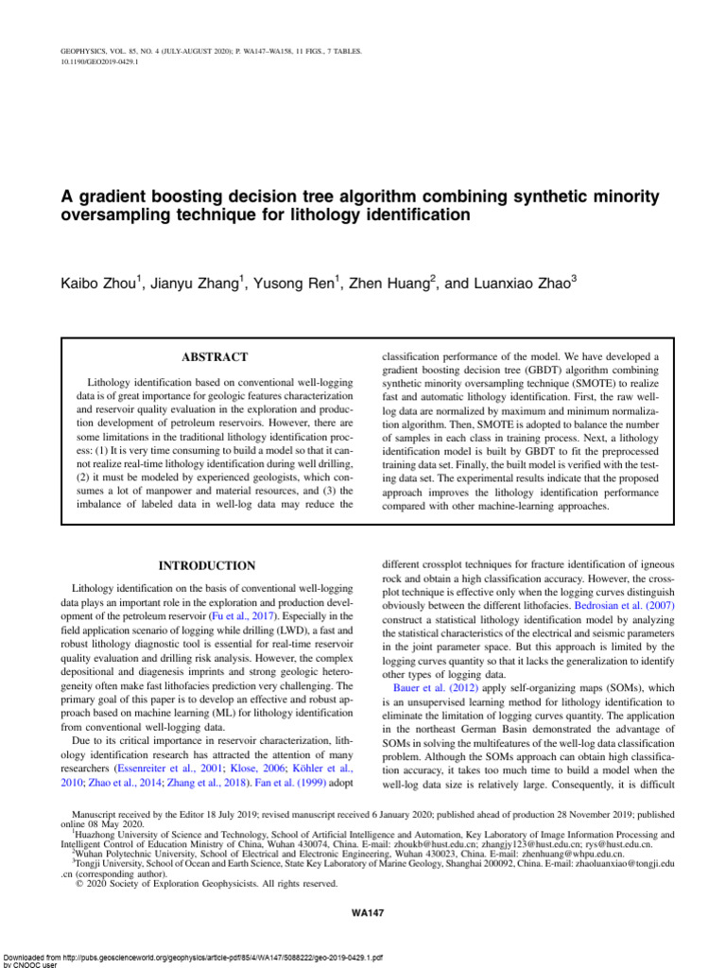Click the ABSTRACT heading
point(214,357)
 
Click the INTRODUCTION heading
point(206,566)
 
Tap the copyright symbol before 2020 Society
point(78,884)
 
